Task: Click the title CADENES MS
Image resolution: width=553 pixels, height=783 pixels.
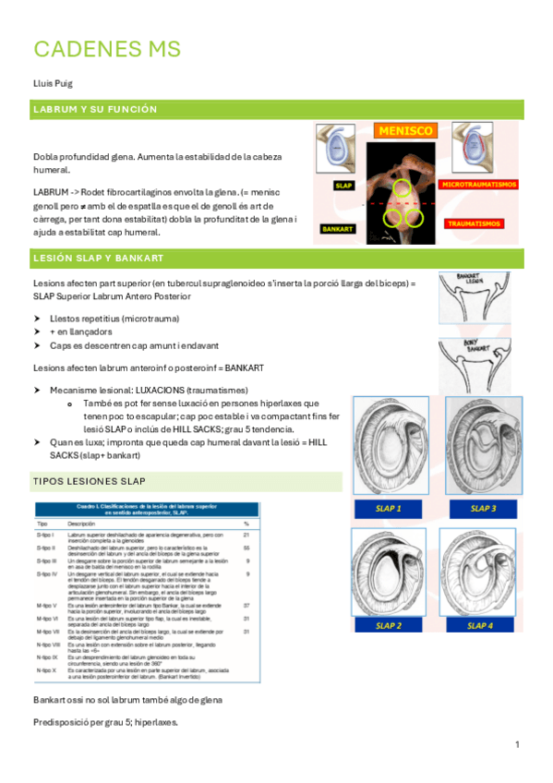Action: [107, 48]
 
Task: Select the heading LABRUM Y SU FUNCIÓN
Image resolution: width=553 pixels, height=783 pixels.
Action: [95, 109]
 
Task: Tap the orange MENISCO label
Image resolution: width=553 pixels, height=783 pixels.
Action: [404, 131]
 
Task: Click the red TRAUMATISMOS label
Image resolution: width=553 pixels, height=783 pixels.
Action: [473, 223]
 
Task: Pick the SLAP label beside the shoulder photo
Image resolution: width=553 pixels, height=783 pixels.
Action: [343, 186]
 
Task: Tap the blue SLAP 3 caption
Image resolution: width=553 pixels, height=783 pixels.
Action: [483, 508]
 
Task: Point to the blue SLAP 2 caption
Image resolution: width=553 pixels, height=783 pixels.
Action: [389, 625]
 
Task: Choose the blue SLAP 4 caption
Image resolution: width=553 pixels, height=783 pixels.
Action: [481, 625]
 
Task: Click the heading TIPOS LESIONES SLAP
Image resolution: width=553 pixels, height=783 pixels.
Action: [90, 482]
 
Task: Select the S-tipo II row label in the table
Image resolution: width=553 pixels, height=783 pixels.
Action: [46, 548]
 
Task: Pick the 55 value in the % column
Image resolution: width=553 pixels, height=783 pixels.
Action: [246, 548]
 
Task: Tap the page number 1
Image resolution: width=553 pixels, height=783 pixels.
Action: [518, 744]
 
